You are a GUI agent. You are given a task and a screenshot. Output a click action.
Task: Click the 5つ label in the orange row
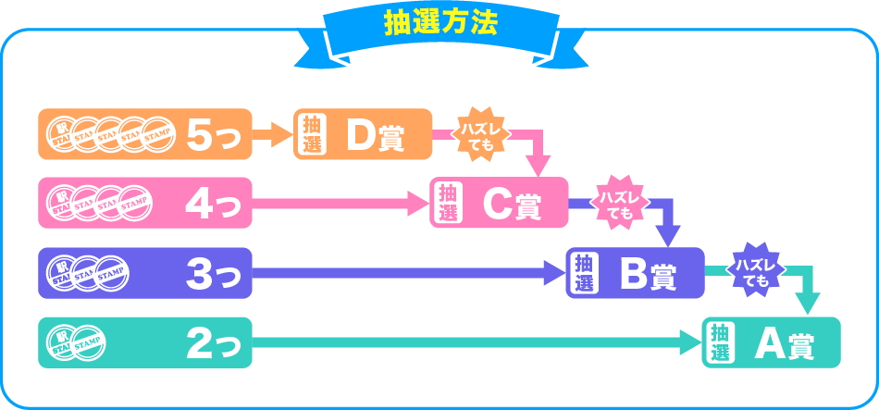pyautogui.click(x=213, y=135)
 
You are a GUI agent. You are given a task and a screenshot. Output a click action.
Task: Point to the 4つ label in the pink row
pyautogui.click(x=213, y=204)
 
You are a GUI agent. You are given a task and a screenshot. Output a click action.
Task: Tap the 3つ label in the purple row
pyautogui.click(x=213, y=273)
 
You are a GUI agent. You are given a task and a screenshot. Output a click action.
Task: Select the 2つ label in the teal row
pyautogui.click(x=213, y=343)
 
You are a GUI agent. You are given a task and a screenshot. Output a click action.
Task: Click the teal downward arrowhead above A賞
pyautogui.click(x=810, y=304)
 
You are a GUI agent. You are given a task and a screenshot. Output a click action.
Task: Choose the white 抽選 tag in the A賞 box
pyautogui.click(x=721, y=342)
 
